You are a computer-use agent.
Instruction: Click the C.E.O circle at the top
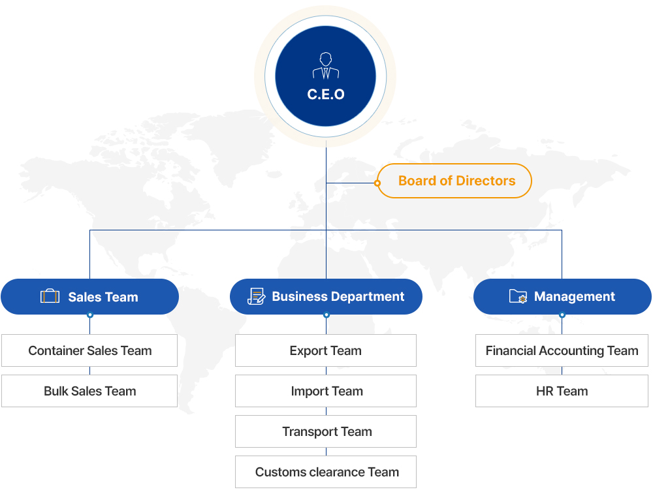point(325,77)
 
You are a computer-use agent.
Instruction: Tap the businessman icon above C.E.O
point(325,65)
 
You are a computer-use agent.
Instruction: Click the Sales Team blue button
point(89,297)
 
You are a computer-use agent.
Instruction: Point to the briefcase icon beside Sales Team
point(50,297)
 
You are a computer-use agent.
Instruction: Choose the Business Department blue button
point(326,297)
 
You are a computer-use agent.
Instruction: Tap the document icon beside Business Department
point(256,296)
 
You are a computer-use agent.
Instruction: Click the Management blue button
point(562,297)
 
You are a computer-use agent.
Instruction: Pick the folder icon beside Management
point(518,296)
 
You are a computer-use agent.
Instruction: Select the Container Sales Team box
point(89,350)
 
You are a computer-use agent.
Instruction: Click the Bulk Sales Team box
point(89,391)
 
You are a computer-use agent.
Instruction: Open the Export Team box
point(326,350)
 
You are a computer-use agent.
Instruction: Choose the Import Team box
point(326,391)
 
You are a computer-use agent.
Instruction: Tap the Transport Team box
point(326,431)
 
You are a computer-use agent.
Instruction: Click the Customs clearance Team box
point(326,472)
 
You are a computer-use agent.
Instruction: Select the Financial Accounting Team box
point(562,350)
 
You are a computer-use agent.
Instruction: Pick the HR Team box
point(562,391)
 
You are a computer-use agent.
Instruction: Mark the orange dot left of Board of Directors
point(377,183)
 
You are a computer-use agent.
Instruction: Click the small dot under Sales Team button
point(90,315)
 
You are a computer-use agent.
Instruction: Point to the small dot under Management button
point(562,315)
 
